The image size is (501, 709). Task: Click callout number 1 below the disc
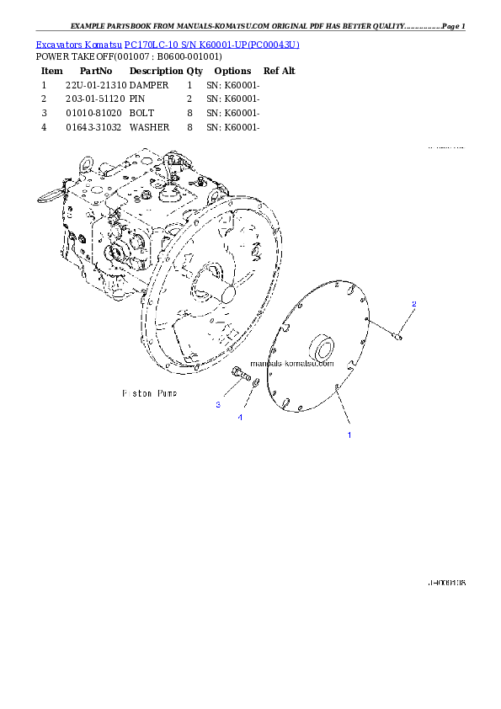pyautogui.click(x=349, y=435)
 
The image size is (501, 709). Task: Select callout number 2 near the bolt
pyautogui.click(x=413, y=303)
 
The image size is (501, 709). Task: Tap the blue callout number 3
pyautogui.click(x=218, y=405)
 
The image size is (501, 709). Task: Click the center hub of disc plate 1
pyautogui.click(x=323, y=349)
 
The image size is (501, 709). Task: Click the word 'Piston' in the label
pyautogui.click(x=137, y=393)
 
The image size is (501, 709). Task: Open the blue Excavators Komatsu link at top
pyautogui.click(x=168, y=44)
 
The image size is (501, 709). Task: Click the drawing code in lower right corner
pyautogui.click(x=446, y=583)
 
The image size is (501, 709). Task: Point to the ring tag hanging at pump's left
pyautogui.click(x=47, y=195)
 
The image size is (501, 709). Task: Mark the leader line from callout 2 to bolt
pyautogui.click(x=406, y=321)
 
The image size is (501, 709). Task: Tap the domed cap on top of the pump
pyautogui.click(x=165, y=197)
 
